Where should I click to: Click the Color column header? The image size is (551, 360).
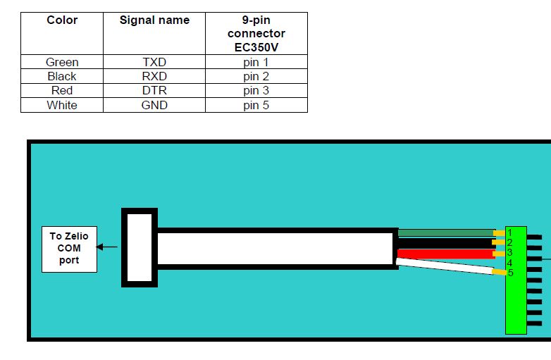coord(62,20)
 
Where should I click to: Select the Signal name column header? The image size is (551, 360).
coord(154,20)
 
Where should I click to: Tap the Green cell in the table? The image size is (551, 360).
coord(62,62)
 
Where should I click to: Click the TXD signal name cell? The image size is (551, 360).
coord(154,62)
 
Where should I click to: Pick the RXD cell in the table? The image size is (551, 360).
coord(154,76)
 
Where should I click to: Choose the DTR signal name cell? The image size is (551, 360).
coord(154,90)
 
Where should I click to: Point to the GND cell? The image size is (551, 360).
coord(154,105)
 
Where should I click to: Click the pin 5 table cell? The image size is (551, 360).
coord(256,105)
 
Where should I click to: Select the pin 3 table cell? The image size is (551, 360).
coord(256,90)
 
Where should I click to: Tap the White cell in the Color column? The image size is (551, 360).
coord(62,105)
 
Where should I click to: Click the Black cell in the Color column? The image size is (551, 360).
coord(62,76)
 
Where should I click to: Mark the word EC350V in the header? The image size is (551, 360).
coord(256,47)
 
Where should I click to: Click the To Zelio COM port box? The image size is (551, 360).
coord(69,248)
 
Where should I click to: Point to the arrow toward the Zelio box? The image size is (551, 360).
coord(107,247)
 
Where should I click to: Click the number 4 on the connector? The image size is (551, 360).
coord(509,263)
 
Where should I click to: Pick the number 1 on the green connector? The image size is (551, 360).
coord(509,232)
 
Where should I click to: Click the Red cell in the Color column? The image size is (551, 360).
coord(62,90)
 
